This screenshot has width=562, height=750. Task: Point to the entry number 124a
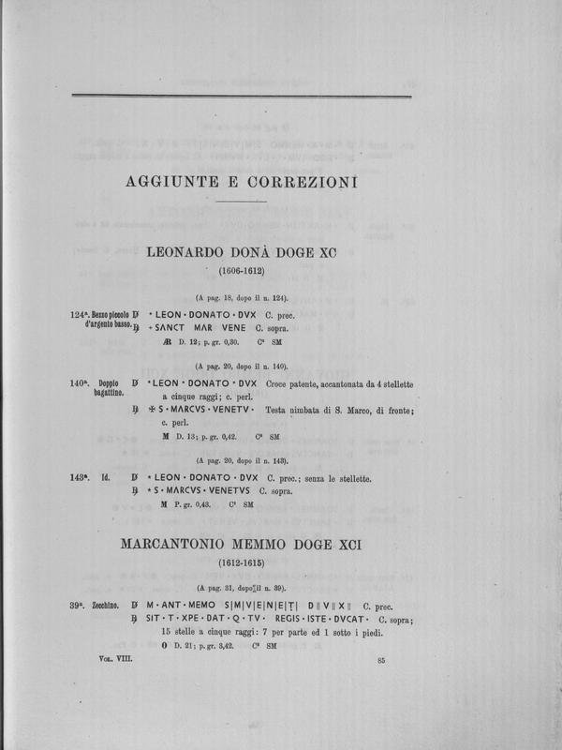[80, 315]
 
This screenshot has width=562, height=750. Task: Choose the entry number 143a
[80, 478]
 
